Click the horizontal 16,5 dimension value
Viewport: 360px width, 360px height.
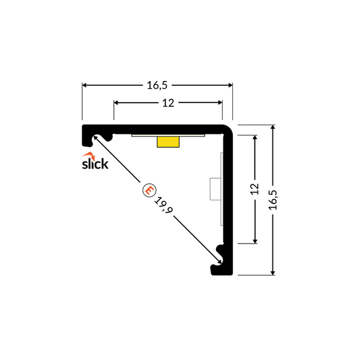(157, 85)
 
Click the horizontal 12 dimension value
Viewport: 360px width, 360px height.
(168, 103)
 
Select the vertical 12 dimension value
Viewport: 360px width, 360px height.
(254, 189)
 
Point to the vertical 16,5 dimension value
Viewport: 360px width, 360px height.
(273, 200)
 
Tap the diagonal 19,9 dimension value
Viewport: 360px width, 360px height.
(163, 205)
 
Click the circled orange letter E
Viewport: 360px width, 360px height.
(149, 190)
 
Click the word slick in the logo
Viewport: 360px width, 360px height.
(95, 164)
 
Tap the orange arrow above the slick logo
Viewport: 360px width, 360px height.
(89, 155)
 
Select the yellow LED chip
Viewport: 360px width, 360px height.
(168, 142)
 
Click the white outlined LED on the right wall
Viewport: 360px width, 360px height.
(215, 189)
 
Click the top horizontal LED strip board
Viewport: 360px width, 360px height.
(168, 136)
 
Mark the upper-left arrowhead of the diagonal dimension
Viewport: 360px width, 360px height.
(95, 137)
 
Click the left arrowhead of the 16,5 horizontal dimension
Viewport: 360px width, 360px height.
(84, 85)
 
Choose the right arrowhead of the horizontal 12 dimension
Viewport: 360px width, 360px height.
(220, 103)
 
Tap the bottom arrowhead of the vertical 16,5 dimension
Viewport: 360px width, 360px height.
(273, 273)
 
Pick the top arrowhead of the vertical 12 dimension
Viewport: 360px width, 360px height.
(255, 137)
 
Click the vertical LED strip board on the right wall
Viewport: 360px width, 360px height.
(222, 189)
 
